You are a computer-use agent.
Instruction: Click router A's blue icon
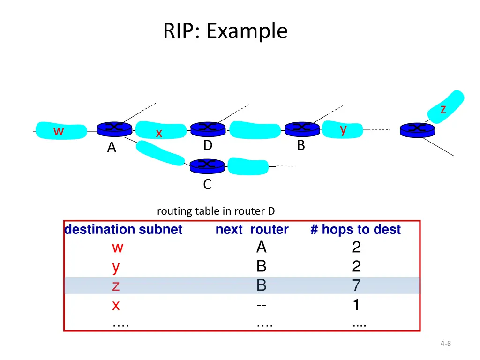click(x=114, y=129)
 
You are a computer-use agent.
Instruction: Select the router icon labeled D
click(x=208, y=129)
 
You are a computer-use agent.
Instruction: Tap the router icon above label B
click(x=302, y=129)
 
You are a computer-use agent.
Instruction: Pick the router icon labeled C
click(x=207, y=166)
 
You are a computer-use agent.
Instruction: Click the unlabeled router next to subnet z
click(x=417, y=130)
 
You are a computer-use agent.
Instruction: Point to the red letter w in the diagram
click(x=59, y=131)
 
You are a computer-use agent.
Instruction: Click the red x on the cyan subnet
click(x=159, y=133)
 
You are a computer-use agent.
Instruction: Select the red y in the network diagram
click(x=343, y=129)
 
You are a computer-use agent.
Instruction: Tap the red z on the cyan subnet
click(x=443, y=109)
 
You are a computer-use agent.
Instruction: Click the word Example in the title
click(x=247, y=31)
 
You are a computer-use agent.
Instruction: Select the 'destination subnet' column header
click(x=123, y=229)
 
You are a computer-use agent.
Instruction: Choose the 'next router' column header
click(x=252, y=229)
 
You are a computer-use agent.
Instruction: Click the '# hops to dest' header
click(x=355, y=229)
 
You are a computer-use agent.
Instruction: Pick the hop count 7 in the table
click(x=356, y=285)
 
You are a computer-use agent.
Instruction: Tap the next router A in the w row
click(x=262, y=247)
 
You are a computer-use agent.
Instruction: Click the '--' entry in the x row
click(x=262, y=305)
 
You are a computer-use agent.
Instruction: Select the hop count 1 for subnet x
click(x=356, y=305)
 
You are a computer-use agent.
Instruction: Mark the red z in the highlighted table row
click(x=116, y=286)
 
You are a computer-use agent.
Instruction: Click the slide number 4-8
click(x=446, y=344)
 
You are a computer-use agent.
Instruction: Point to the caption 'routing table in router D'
click(x=216, y=211)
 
